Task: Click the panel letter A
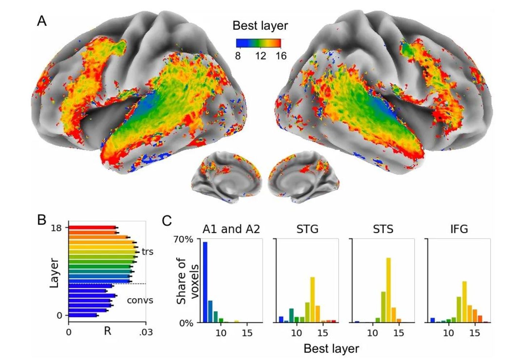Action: tap(42, 21)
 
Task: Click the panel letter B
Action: tap(42, 220)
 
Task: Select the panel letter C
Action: tap(167, 220)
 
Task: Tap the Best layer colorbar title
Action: tap(260, 26)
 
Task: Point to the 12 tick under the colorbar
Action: tap(260, 56)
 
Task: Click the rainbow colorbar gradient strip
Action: tap(259, 43)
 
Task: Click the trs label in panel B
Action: tap(147, 251)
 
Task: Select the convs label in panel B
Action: tap(140, 300)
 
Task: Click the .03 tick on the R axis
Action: tap(146, 332)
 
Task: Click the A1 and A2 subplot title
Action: tap(231, 229)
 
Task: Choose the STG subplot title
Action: tap(307, 229)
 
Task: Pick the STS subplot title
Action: tap(383, 229)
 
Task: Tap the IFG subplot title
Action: tap(459, 229)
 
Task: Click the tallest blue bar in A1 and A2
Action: tap(205, 282)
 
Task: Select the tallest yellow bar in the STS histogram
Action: tap(388, 290)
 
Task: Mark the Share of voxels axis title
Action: tap(188, 281)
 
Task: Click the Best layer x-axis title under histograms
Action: tap(331, 348)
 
